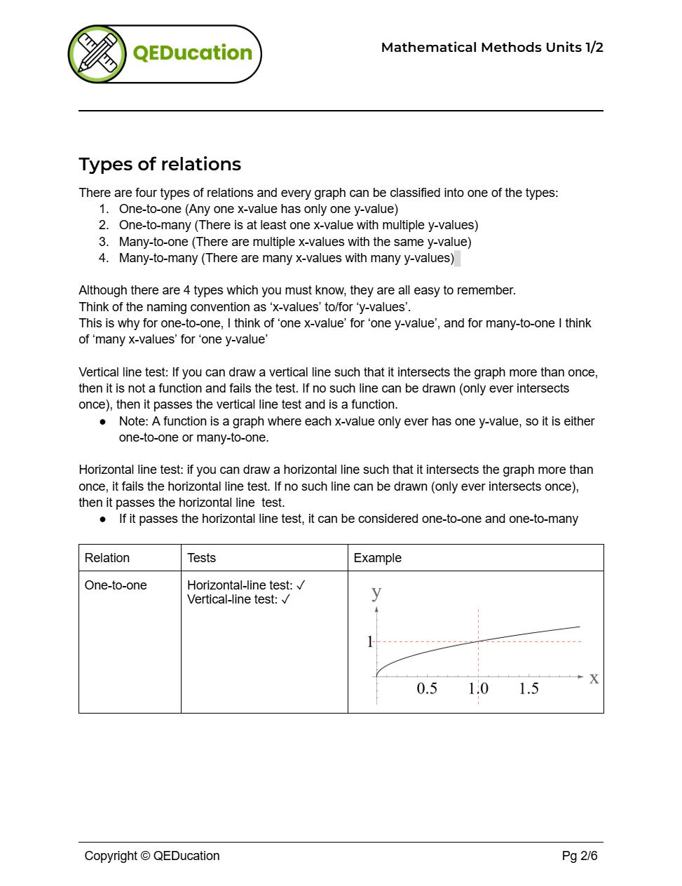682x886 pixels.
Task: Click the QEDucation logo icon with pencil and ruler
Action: click(x=97, y=54)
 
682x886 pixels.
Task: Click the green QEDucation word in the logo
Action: click(x=193, y=53)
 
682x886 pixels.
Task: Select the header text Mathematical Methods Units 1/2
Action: click(x=491, y=48)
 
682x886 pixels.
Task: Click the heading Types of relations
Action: click(x=160, y=164)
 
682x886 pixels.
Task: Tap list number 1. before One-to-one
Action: click(x=104, y=209)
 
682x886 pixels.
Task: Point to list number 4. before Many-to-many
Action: click(x=104, y=258)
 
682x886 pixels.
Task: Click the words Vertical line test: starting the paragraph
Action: click(x=123, y=372)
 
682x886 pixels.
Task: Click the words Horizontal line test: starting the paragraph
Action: click(x=131, y=470)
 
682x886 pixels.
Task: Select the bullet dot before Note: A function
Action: click(x=103, y=422)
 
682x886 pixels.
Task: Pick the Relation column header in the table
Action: click(x=107, y=558)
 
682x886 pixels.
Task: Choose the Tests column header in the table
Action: click(x=201, y=558)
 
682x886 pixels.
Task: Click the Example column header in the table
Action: click(x=377, y=558)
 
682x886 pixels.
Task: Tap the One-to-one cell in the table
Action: click(x=116, y=585)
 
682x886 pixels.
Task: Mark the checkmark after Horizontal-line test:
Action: click(x=301, y=585)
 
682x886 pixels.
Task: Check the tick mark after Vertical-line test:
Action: click(x=285, y=599)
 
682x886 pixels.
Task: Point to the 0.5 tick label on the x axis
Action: click(x=426, y=688)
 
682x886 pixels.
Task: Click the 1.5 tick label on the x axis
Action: click(x=528, y=688)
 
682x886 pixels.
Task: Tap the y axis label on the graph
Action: click(x=376, y=593)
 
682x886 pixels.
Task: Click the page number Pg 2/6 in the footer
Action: click(x=579, y=856)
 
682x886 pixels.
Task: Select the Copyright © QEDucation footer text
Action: click(x=152, y=856)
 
